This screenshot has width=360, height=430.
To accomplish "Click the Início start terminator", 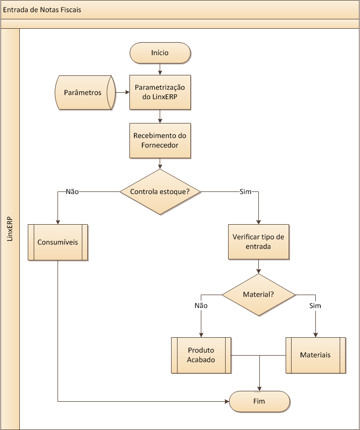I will tap(160, 53).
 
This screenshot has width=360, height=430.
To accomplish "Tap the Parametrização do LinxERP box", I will tap(160, 92).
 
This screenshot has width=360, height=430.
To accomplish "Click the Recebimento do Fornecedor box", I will tap(160, 140).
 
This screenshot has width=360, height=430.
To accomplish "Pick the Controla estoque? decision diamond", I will tap(160, 191).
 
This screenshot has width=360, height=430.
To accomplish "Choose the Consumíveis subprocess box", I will tap(58, 242).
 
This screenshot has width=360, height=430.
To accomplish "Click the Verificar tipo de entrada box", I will tap(258, 242).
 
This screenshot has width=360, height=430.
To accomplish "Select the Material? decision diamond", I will tap(258, 295).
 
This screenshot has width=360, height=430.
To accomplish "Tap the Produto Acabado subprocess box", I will tap(201, 355).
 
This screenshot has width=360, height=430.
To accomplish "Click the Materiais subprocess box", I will tap(315, 355).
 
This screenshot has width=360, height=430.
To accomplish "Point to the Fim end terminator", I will tap(259, 401).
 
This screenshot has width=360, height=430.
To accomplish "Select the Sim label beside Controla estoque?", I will tap(245, 191).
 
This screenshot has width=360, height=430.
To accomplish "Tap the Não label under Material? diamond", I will tap(201, 306).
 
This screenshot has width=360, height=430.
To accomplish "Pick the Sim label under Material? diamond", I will tap(315, 306).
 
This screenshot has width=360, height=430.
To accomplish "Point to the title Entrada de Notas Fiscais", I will tap(42, 9).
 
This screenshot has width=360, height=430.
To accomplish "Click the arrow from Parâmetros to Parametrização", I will tap(122, 92).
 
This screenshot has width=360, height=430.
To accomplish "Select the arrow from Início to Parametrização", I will tap(160, 69).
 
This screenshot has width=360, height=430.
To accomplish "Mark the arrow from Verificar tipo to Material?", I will tap(258, 266).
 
